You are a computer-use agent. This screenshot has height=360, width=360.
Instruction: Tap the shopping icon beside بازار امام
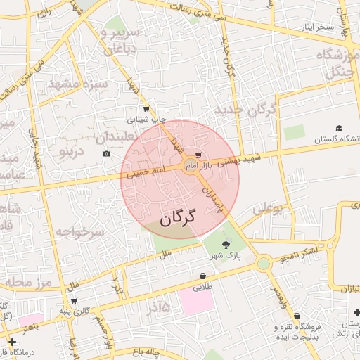click(x=198, y=155)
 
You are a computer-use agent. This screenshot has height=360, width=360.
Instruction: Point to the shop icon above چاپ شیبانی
click(x=146, y=108)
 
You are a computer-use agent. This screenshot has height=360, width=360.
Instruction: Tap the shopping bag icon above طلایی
click(x=203, y=276)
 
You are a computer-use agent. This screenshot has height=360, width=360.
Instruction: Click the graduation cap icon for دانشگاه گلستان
click(x=340, y=129)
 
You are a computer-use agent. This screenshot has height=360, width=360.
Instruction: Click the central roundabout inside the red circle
click(x=190, y=166)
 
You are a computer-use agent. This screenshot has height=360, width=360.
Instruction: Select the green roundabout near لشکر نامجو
click(x=264, y=264)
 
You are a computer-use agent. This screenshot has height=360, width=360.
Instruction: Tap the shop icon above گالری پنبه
click(x=74, y=301)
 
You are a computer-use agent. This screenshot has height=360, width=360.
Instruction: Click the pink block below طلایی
click(x=195, y=301)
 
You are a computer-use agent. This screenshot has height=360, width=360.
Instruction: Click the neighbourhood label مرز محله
click(x=29, y=283)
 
